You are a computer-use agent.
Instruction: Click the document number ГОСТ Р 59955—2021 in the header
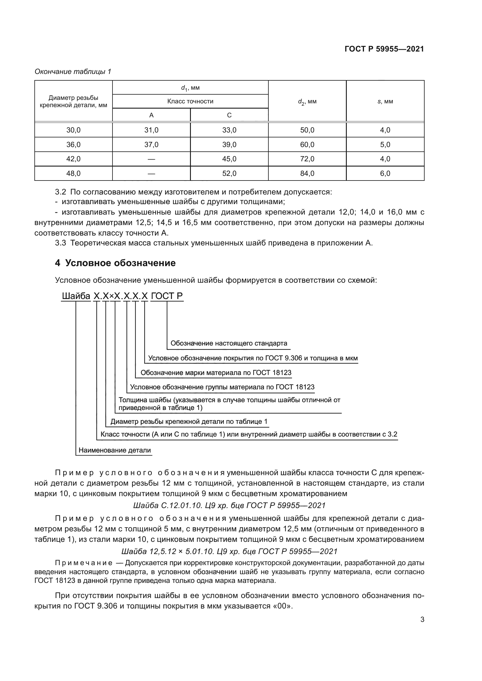[384, 49]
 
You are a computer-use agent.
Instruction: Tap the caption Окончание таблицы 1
[73, 72]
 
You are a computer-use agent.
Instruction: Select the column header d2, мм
[307, 101]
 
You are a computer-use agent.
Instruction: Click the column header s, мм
[385, 101]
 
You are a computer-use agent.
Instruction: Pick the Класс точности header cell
[190, 101]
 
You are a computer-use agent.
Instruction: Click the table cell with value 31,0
[151, 130]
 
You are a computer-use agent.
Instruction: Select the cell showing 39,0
[229, 144]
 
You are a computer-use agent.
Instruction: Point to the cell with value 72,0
[307, 159]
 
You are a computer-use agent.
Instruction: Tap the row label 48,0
[73, 174]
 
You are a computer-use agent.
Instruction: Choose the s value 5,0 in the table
[385, 144]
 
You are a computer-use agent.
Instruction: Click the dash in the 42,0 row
[151, 159]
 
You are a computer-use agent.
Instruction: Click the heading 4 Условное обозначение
[115, 263]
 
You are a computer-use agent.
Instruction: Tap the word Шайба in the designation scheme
[76, 296]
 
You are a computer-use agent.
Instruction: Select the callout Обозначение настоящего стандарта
[229, 344]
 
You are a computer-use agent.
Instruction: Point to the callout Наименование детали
[115, 450]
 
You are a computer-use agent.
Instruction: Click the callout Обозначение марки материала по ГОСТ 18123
[216, 373]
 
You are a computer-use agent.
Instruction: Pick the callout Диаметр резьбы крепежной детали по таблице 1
[189, 422]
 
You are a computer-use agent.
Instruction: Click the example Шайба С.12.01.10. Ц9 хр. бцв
[229, 505]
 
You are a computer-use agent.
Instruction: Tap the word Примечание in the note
[84, 563]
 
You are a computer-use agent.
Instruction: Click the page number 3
[422, 620]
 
